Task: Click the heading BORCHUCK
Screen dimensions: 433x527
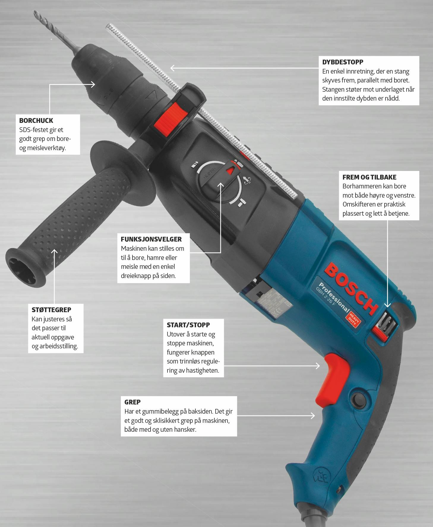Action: point(36,120)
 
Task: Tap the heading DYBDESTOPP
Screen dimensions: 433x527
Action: point(343,62)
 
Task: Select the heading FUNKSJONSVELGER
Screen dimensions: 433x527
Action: point(151,239)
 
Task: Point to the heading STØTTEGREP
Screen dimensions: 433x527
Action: point(51,310)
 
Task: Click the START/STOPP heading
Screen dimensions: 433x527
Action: point(188,325)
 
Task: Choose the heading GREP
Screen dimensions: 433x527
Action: point(132,402)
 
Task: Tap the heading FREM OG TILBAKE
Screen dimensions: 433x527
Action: point(369,177)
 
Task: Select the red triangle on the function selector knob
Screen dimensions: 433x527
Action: point(230,171)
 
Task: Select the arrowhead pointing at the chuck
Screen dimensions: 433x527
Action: point(93,84)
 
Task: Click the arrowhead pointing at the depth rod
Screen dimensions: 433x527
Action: point(173,68)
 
